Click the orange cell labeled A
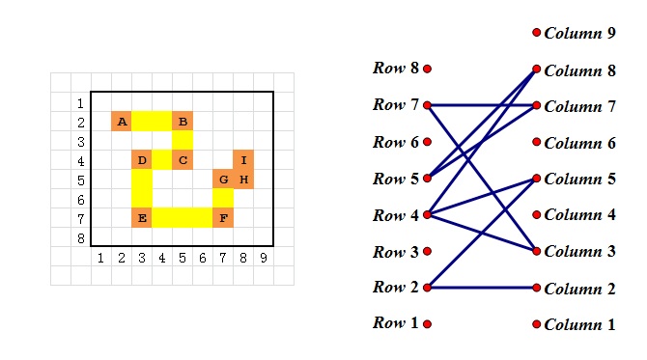[x=122, y=122]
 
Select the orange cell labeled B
[x=183, y=122]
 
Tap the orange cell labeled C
[x=183, y=159]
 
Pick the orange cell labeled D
[x=142, y=159]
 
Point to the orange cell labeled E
[x=142, y=217]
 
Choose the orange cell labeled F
[x=223, y=217]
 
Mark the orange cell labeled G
[x=223, y=180]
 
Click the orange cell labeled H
[x=243, y=180]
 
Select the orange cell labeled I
[x=243, y=159]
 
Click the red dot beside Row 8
[x=427, y=69]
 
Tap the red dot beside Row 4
[x=427, y=215]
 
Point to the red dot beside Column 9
[x=537, y=33]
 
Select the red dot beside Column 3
[x=537, y=251]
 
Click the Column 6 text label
[x=579, y=143]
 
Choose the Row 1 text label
[x=396, y=323]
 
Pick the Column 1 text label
[x=579, y=325]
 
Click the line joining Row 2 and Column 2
[x=483, y=288]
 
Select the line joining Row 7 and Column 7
[x=483, y=104]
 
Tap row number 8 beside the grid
[x=81, y=238]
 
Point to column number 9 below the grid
[x=263, y=258]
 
